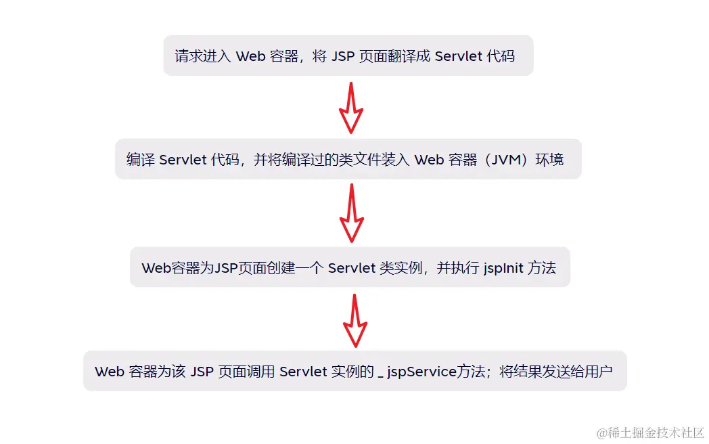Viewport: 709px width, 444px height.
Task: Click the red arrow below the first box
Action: (x=351, y=108)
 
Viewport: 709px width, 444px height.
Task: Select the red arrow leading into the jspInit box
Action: (x=351, y=213)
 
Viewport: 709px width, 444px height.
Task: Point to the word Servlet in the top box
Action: (x=458, y=56)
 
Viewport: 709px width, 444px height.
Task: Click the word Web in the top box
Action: (x=250, y=56)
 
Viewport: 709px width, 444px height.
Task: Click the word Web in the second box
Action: (x=429, y=160)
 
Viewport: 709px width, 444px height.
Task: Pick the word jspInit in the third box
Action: (x=503, y=268)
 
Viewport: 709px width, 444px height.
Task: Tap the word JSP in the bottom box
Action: (x=202, y=372)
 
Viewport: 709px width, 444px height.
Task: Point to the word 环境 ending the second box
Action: (x=550, y=160)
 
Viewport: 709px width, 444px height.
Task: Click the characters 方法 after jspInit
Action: (x=542, y=268)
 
